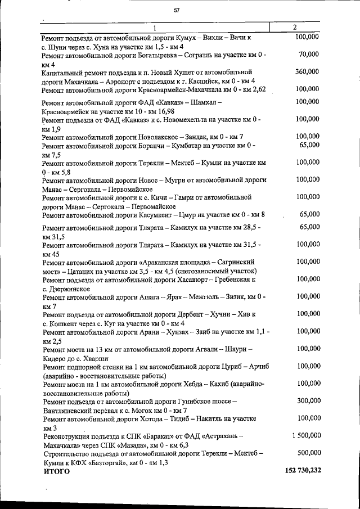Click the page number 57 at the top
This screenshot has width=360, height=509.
[x=177, y=10]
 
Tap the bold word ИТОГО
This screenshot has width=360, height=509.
[x=57, y=471]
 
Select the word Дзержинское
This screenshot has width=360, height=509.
[x=66, y=288]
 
